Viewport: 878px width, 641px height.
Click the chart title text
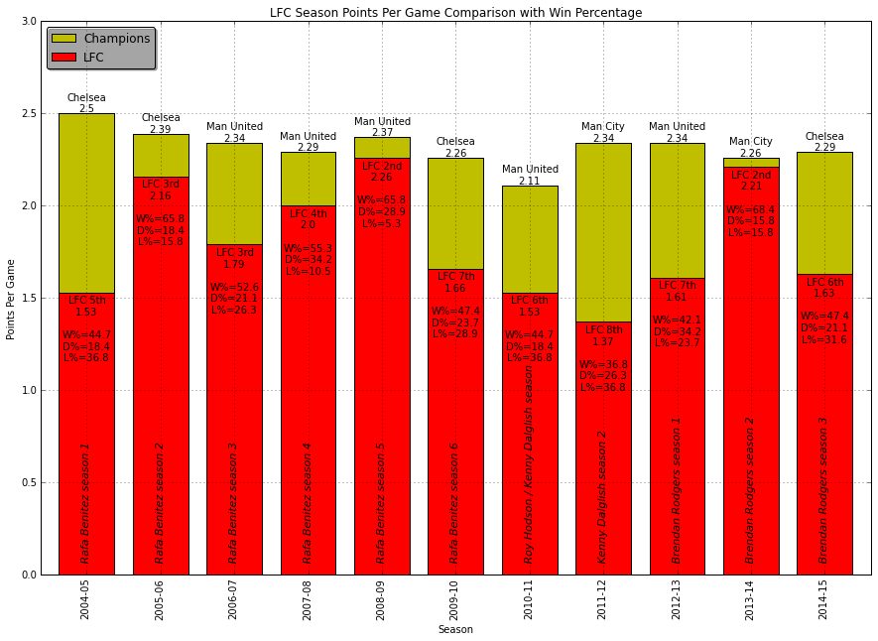[455, 13]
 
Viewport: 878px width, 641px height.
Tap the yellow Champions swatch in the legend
[63, 39]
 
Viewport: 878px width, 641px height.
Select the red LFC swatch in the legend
[63, 58]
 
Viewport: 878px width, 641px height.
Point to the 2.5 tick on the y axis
[29, 114]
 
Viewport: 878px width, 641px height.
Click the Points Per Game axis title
[11, 298]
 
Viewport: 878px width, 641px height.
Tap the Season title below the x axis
[455, 629]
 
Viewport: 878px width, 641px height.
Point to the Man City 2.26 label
[751, 148]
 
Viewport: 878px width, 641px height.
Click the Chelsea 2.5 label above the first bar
[86, 103]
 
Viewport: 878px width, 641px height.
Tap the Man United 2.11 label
[530, 176]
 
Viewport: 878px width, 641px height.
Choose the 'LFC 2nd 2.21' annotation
[751, 181]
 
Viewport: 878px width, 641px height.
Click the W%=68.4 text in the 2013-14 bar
[751, 210]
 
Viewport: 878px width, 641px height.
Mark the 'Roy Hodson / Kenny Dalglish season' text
[530, 464]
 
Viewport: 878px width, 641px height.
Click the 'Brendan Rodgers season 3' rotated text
[823, 490]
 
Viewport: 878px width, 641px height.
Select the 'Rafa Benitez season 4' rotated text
[308, 503]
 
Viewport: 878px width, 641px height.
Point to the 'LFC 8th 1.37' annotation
[603, 336]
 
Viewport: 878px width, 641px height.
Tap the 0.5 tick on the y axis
[29, 483]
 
